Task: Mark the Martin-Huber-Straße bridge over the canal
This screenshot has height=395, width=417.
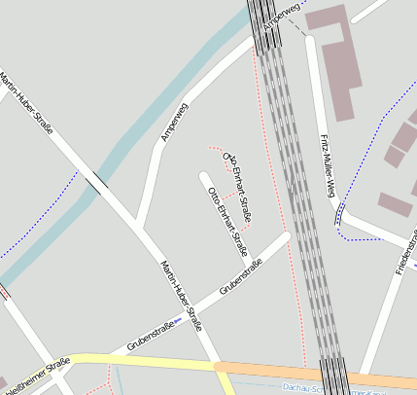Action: click(96, 182)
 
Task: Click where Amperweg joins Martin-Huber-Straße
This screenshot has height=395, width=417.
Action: click(142, 231)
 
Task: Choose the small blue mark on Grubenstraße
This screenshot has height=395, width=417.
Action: click(178, 320)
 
